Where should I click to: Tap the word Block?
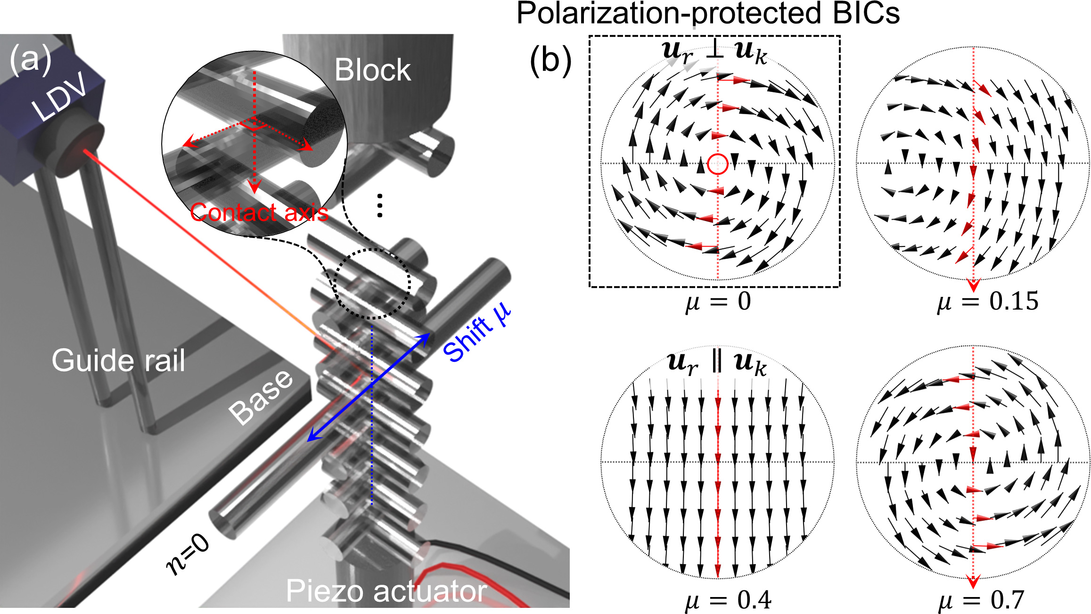tap(372, 70)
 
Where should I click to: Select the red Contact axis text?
tap(259, 213)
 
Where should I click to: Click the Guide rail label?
tap(118, 360)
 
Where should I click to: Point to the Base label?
tap(261, 397)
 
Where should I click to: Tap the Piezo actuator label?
tap(386, 591)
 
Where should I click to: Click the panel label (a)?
tap(31, 59)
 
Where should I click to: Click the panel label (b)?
tap(550, 61)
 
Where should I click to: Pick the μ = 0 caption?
tap(718, 302)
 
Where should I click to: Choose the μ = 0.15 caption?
tap(988, 302)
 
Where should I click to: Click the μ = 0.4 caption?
tap(728, 600)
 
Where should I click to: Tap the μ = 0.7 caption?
tap(981, 600)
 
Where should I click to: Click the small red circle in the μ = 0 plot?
tap(718, 164)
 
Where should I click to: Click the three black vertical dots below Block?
tap(380, 205)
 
